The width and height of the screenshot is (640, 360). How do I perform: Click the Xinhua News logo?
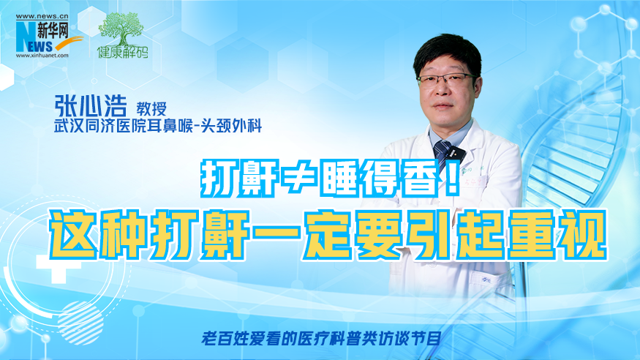(49, 36)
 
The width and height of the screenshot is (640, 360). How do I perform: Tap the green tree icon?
(121, 29)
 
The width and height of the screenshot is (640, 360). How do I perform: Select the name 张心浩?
(91, 106)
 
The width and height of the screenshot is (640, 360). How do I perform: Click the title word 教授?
(151, 109)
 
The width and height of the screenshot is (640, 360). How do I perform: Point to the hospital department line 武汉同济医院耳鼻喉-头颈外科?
(158, 126)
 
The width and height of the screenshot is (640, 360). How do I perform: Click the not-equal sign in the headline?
(298, 179)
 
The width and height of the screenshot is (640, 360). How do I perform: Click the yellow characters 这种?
(97, 234)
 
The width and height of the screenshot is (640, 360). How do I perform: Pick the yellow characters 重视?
(557, 234)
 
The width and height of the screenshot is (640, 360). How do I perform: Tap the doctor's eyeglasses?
(446, 80)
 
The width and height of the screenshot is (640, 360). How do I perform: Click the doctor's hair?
(446, 54)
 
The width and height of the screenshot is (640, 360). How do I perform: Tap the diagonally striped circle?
(80, 323)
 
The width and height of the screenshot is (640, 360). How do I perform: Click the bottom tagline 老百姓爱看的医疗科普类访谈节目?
(321, 338)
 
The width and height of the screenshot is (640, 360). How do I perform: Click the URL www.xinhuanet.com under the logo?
(42, 56)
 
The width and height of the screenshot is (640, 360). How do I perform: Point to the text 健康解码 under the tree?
(122, 52)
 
